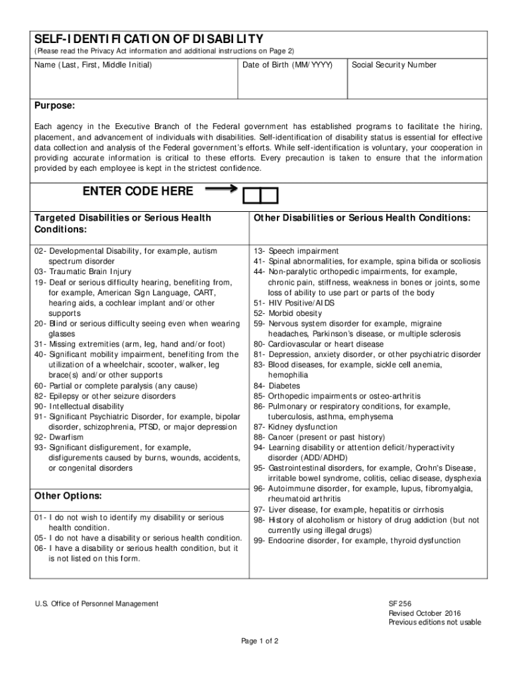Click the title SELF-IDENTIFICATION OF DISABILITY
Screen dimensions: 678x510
[x=149, y=39]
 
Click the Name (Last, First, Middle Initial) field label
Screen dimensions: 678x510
[x=93, y=65]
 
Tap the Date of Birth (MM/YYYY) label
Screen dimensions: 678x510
[x=287, y=65]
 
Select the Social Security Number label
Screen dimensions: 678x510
[x=393, y=65]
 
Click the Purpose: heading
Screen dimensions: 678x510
[x=55, y=107]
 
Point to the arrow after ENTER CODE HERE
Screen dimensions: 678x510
[x=222, y=189]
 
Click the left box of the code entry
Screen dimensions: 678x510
[x=252, y=195]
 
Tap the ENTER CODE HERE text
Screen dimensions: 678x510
[x=138, y=191]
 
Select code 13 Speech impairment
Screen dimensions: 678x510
[x=295, y=252]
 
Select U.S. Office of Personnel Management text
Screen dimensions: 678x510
[x=97, y=604]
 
